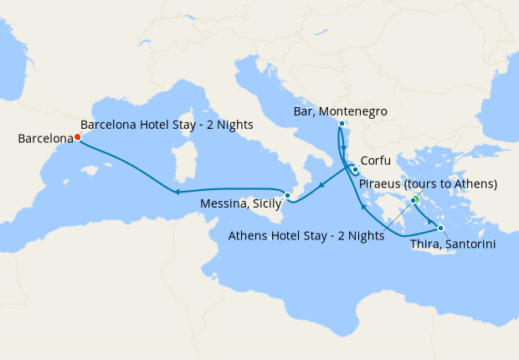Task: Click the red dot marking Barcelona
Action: pos(77,136)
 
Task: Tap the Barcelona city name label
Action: pos(44,139)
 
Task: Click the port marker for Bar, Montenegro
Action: pos(342,124)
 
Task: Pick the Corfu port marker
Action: pos(355,168)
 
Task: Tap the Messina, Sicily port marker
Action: pos(287,196)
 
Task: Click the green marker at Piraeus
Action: pos(414,200)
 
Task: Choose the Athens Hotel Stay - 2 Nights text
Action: pos(306,236)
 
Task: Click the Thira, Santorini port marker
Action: pos(441,228)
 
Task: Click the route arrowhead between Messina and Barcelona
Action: pos(177,193)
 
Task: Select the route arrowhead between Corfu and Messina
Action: pos(321,183)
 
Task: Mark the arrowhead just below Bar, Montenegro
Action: pos(343,147)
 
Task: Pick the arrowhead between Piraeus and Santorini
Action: pos(430,221)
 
